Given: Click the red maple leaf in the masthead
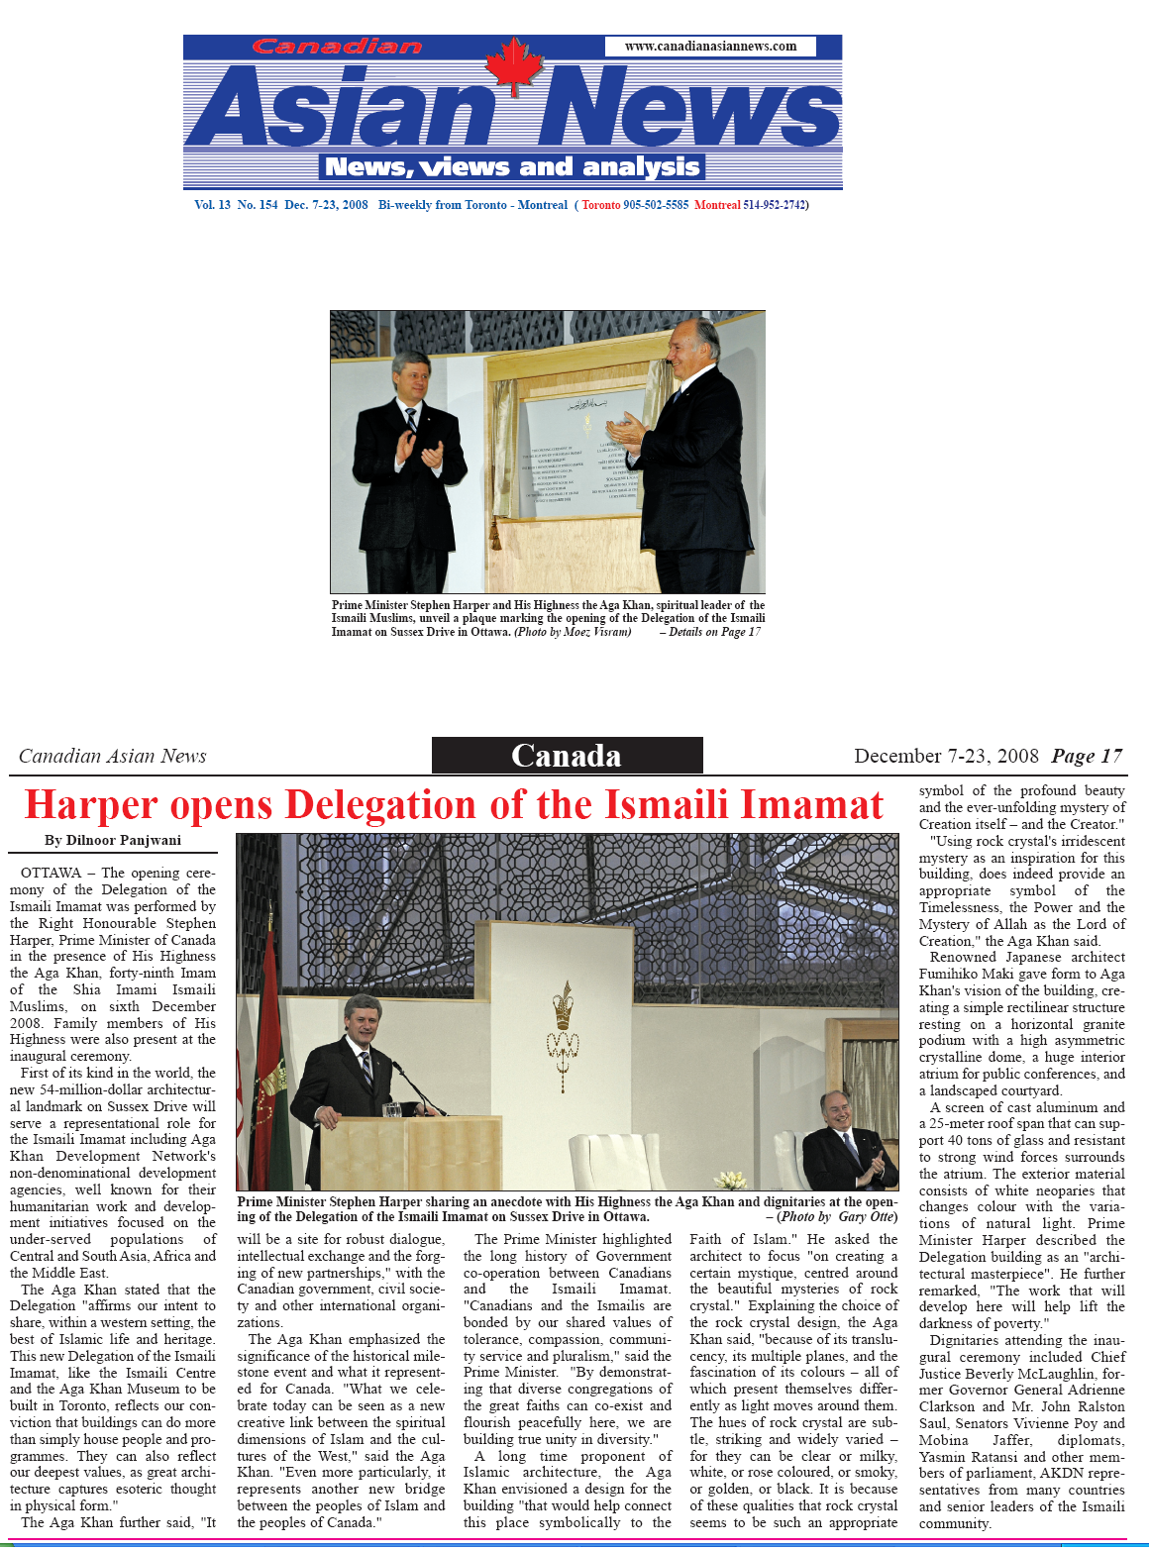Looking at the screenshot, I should [x=514, y=65].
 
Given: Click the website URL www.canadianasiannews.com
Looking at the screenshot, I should [x=710, y=47].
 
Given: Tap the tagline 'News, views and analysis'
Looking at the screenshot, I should [x=512, y=167].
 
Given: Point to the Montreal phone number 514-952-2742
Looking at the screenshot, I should [x=774, y=205].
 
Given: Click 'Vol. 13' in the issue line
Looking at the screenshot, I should [x=212, y=205].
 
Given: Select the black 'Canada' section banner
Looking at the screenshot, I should [x=567, y=756].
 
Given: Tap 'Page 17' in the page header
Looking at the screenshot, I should [x=1087, y=757].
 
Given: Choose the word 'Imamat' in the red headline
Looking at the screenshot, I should [x=811, y=805].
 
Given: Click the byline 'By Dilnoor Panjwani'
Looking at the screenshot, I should [x=113, y=841].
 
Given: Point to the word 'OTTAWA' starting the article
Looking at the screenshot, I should [x=52, y=873].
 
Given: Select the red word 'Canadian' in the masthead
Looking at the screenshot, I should [x=337, y=47].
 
